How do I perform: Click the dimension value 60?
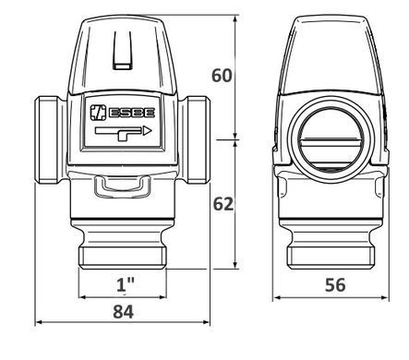click(x=222, y=76)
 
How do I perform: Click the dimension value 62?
click(x=223, y=204)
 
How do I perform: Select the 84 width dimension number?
click(x=124, y=312)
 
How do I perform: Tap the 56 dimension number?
click(x=335, y=285)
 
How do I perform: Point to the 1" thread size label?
click(x=126, y=284)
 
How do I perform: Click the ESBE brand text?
click(x=132, y=113)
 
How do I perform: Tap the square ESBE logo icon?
click(x=98, y=113)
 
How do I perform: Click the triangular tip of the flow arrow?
click(x=148, y=131)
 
